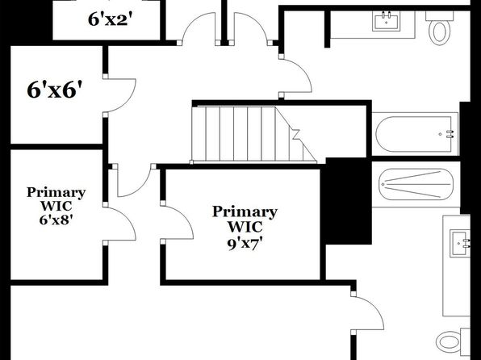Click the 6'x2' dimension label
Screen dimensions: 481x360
click(x=111, y=20)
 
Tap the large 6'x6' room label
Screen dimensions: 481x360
click(x=55, y=90)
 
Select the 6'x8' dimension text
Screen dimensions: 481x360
click(x=56, y=220)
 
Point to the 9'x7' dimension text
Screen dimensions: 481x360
click(x=245, y=244)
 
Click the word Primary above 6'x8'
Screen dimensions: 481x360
click(x=56, y=193)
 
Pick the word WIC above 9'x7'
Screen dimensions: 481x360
click(x=245, y=227)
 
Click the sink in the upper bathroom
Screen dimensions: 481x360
click(x=387, y=21)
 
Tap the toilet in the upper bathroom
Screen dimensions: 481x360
click(x=440, y=28)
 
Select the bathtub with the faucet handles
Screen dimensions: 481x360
click(x=416, y=134)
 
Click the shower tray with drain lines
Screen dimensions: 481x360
click(x=416, y=184)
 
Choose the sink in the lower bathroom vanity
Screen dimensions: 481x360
click(x=460, y=244)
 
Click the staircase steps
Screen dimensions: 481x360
click(x=253, y=134)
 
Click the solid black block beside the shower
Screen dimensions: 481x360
click(x=349, y=201)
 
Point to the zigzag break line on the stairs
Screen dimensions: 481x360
click(x=296, y=135)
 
